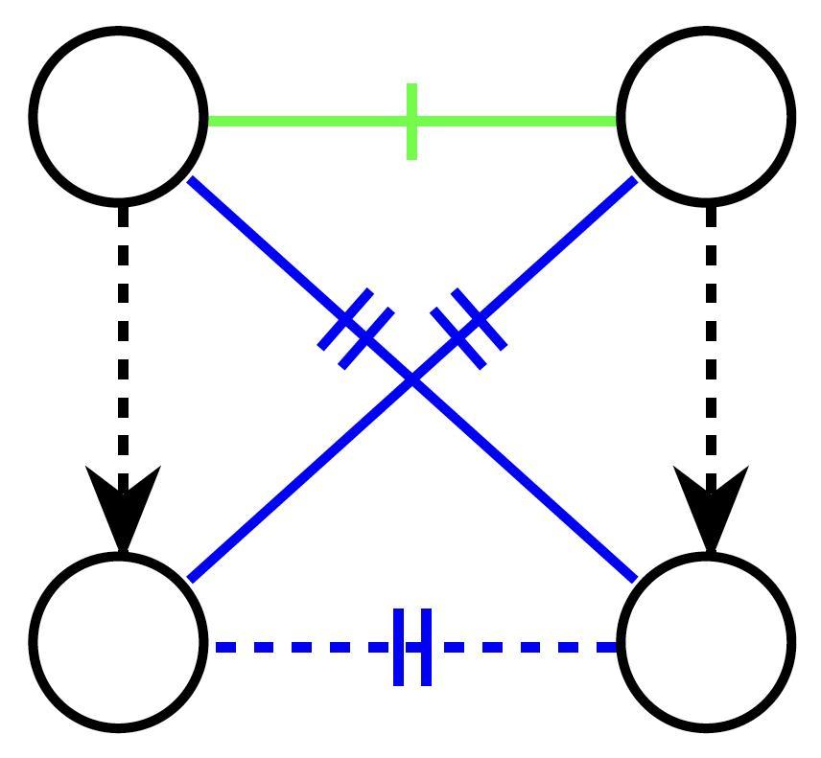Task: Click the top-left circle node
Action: [x=119, y=117]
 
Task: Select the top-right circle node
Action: [x=707, y=117]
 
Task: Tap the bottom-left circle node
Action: [x=119, y=641]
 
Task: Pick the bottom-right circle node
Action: [x=707, y=641]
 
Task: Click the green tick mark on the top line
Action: [x=411, y=122]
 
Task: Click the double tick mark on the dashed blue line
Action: [x=412, y=647]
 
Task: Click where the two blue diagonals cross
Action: [x=412, y=380]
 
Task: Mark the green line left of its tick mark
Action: [x=307, y=122]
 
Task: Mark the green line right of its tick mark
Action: [x=518, y=122]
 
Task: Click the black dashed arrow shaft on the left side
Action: [x=123, y=335]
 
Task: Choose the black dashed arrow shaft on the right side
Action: [x=710, y=335]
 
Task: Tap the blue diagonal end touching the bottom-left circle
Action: [x=195, y=575]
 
